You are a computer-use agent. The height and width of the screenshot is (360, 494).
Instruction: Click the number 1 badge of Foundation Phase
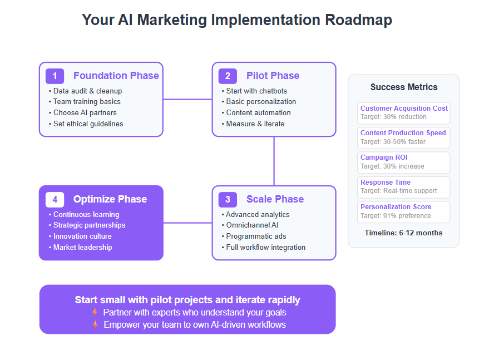[55, 76]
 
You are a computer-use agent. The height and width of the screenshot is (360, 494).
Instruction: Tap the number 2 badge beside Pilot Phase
[228, 76]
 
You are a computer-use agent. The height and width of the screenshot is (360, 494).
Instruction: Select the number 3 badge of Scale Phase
[228, 200]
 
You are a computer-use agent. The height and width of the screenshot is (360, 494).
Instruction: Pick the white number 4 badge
[55, 200]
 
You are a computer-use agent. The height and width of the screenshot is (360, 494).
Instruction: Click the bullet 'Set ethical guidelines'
[86, 124]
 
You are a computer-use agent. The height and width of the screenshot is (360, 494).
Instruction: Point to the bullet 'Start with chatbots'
[254, 91]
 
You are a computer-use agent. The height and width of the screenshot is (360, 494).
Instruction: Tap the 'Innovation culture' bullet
[80, 236]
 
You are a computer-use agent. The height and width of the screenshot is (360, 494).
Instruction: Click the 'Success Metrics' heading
[404, 87]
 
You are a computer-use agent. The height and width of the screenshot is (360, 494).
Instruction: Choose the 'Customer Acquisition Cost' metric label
[404, 109]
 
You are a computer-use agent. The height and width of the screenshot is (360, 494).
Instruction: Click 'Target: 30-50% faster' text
[393, 142]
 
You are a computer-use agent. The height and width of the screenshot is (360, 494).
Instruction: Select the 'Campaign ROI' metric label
[384, 157]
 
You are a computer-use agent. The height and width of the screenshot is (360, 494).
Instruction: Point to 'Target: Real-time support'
[398, 191]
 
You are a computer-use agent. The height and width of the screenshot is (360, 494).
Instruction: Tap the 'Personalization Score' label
[396, 207]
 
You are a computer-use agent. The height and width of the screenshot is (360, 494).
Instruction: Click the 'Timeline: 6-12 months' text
[403, 233]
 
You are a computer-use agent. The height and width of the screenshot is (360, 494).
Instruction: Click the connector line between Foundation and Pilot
[187, 99]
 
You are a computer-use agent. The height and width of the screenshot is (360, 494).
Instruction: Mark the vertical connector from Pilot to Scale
[274, 161]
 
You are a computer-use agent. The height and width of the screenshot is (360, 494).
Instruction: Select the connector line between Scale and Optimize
[187, 223]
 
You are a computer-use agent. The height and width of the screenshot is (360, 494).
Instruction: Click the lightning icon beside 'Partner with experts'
[95, 312]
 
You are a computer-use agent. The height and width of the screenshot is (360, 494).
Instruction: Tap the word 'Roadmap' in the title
[358, 20]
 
